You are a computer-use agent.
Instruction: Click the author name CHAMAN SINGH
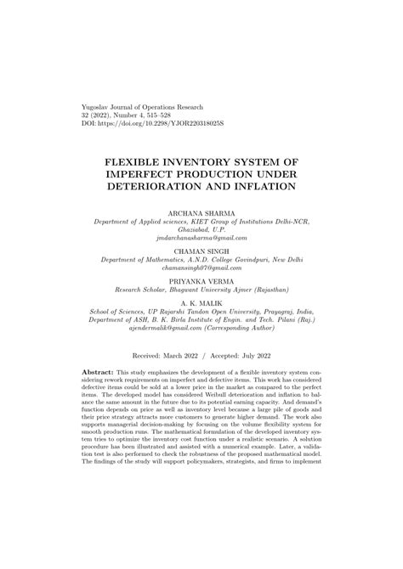[x=202, y=251]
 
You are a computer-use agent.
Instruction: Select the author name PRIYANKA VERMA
[x=202, y=277]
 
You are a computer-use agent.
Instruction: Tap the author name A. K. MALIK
[x=202, y=301]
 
